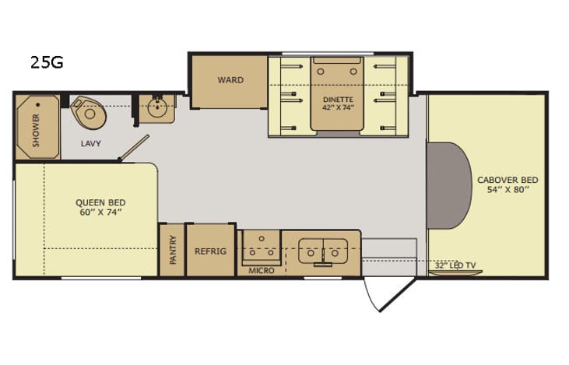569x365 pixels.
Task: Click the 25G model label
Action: (x=47, y=63)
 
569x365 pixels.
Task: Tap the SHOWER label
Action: (x=36, y=130)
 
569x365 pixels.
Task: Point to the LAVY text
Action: (x=91, y=144)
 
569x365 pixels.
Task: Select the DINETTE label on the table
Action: (x=339, y=100)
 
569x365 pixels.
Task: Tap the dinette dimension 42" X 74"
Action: (x=339, y=109)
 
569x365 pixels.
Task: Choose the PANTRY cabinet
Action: (x=172, y=250)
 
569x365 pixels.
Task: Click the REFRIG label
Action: (x=210, y=251)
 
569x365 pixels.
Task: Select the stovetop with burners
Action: (x=260, y=247)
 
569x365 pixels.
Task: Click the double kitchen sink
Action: (x=321, y=249)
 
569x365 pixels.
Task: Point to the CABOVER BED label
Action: (x=508, y=180)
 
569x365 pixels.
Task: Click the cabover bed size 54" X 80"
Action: (x=508, y=190)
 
